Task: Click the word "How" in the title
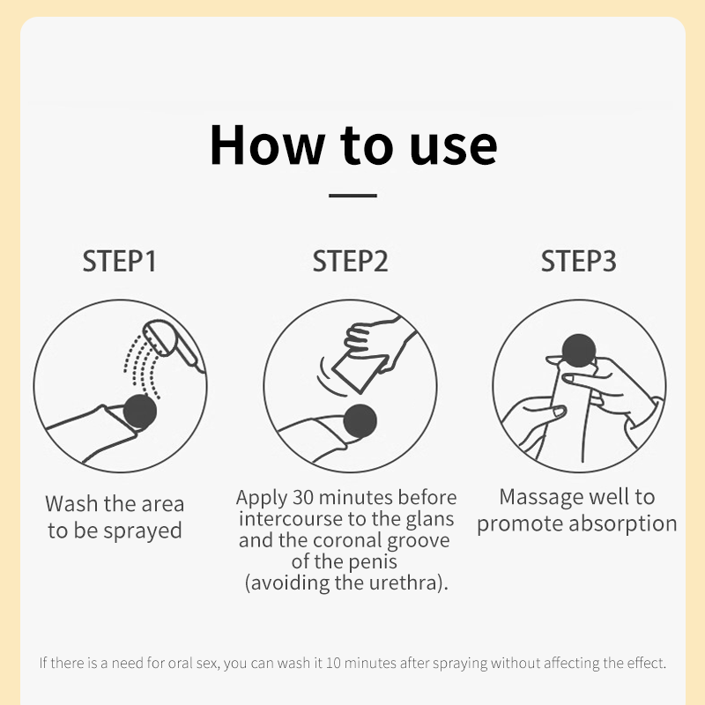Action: (x=268, y=145)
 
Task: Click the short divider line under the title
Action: (x=352, y=196)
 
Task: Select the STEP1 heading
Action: (x=120, y=261)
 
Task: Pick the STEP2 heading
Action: (x=350, y=261)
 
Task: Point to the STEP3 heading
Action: (x=579, y=261)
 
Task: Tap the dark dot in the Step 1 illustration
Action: (x=140, y=412)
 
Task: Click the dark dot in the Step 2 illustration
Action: (x=360, y=421)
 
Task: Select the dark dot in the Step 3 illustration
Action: (x=579, y=351)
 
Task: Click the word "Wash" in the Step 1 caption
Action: (x=72, y=504)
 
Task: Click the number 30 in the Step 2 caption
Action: (x=303, y=497)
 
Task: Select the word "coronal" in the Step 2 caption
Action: (x=347, y=540)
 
